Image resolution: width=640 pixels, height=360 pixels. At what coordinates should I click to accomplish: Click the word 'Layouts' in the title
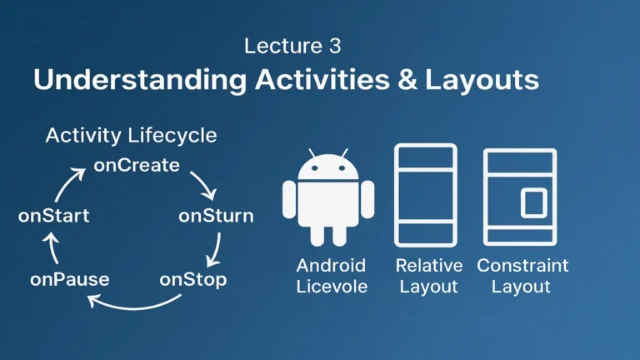pos(482,81)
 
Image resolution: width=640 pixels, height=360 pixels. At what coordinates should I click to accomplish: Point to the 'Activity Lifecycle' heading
pos(131,135)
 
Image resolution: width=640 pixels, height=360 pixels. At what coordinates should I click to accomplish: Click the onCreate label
pos(137,165)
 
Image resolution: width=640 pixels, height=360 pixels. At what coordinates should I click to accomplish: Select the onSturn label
pos(216,217)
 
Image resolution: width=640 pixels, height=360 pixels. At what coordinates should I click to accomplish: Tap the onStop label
pos(192,279)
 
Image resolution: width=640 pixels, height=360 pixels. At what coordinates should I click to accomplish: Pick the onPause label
pos(70,279)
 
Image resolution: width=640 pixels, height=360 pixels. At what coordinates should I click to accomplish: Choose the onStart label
pos(53,216)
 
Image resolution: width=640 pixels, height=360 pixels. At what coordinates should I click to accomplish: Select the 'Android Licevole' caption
pos(331,276)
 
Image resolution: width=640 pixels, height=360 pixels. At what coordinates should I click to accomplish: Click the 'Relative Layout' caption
pos(428,276)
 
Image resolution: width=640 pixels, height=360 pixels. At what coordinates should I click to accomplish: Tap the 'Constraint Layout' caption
pos(522,276)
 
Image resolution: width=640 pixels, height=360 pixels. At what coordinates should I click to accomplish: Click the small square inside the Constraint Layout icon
pos(533,202)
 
